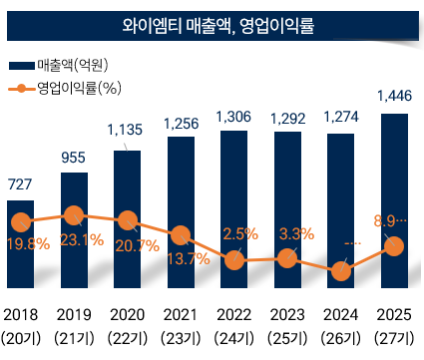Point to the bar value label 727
coord(21,183)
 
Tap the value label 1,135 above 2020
coord(127,130)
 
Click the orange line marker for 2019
coord(74,213)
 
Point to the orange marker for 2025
coord(394,245)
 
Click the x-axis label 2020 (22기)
coord(128,325)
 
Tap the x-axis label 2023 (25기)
coord(287,325)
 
